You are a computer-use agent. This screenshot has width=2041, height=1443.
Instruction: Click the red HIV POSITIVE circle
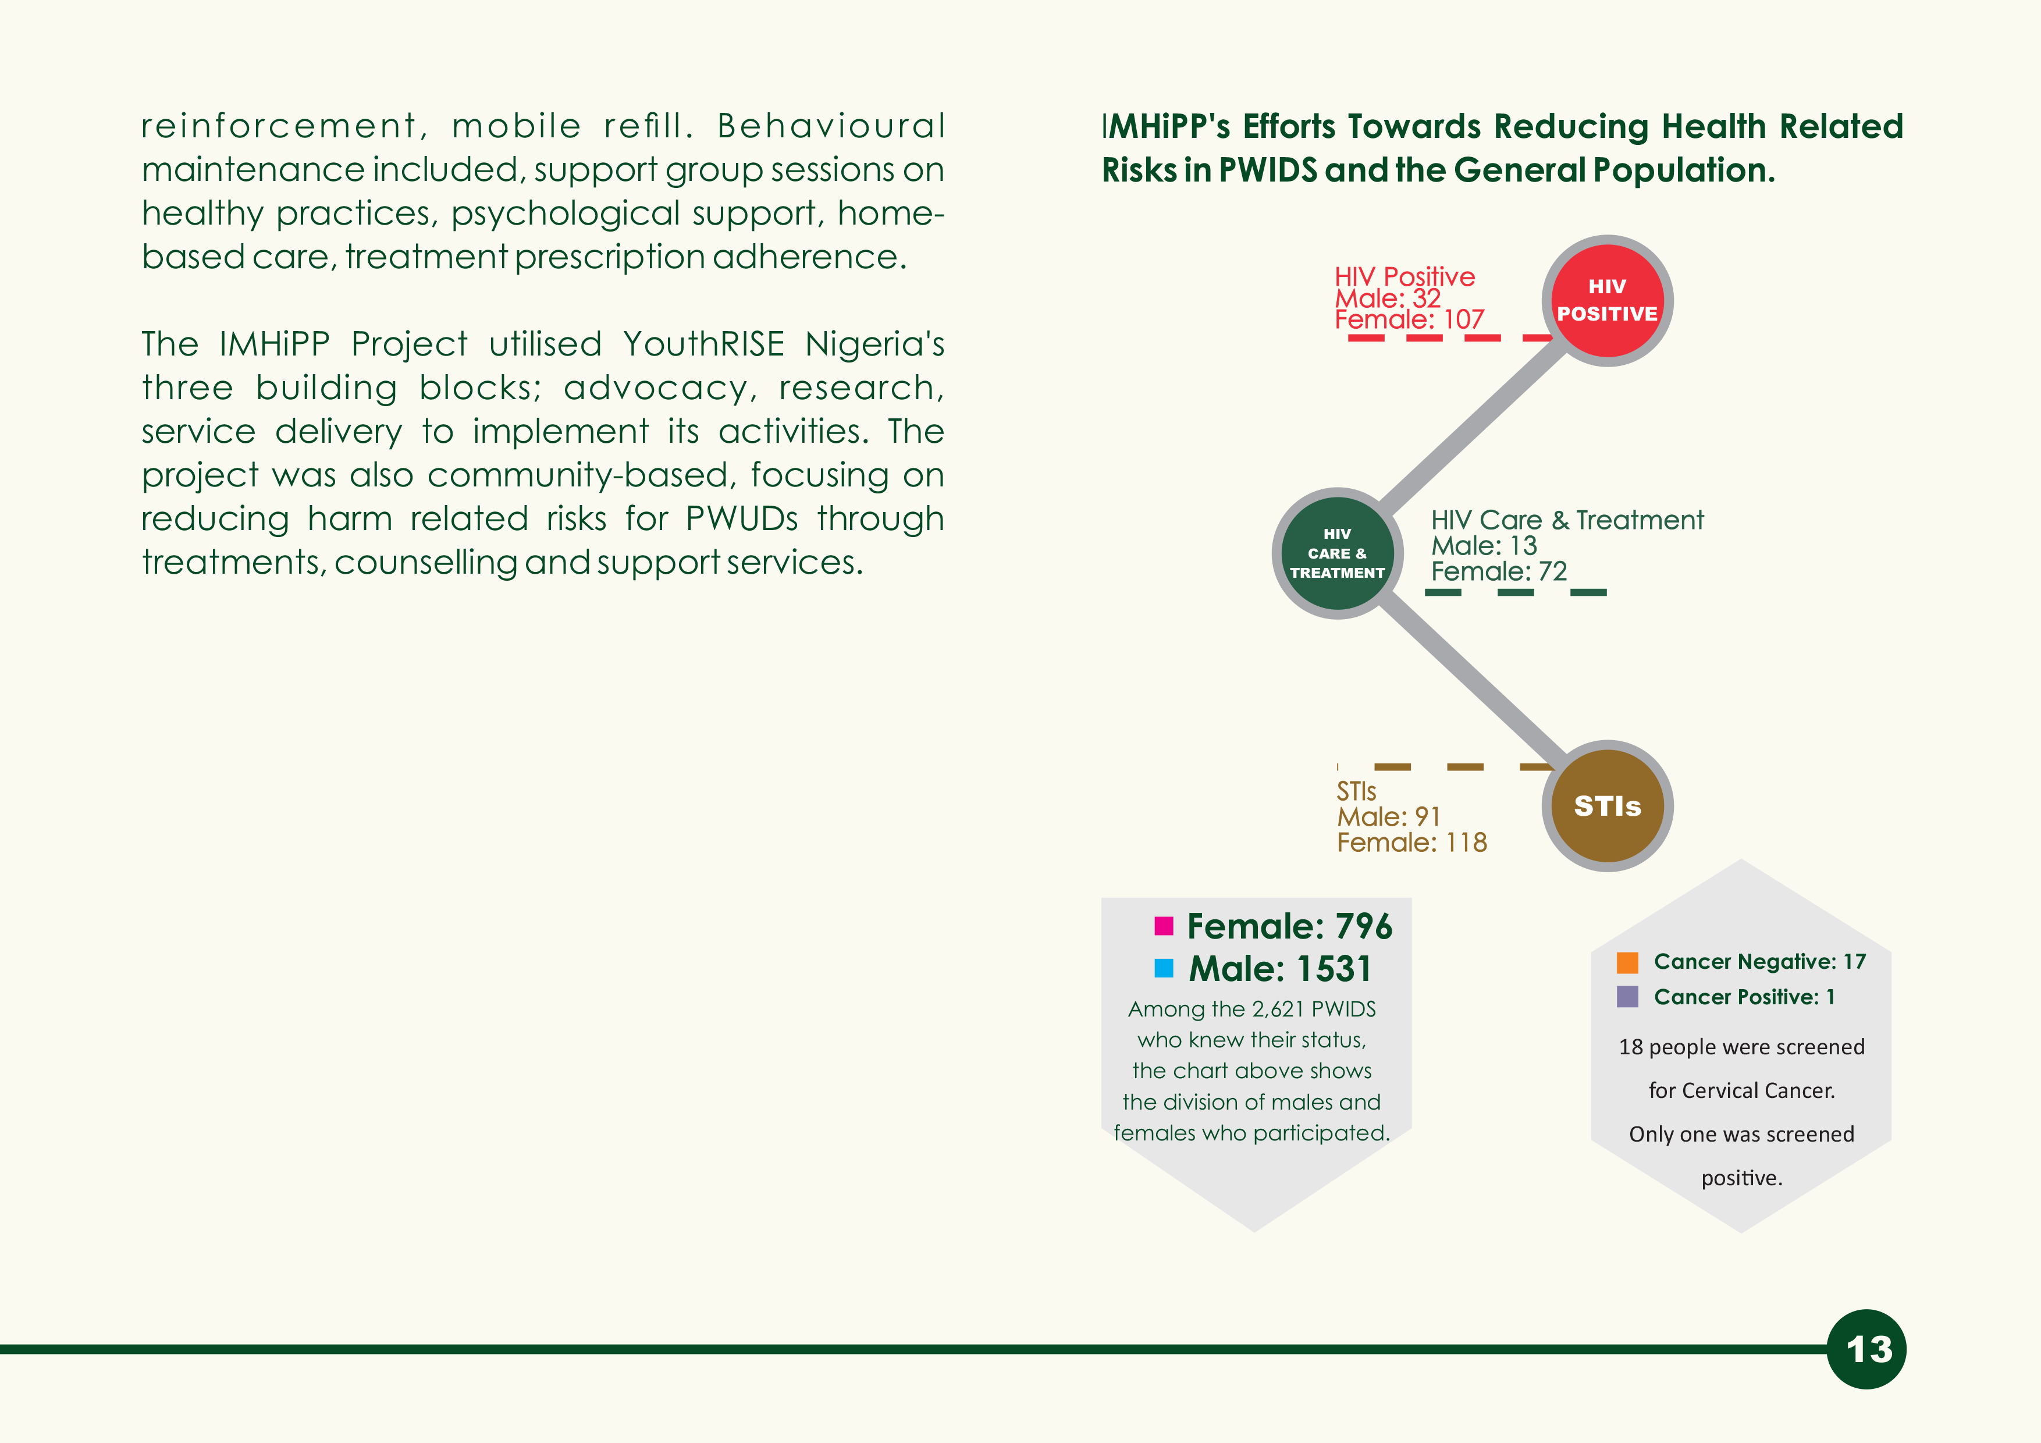pos(1606,300)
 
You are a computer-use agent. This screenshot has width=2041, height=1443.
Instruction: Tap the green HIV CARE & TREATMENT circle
pos(1337,553)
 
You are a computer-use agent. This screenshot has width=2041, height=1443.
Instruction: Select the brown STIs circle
pos(1606,805)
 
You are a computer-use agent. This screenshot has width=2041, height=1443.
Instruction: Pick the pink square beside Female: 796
pos(1164,926)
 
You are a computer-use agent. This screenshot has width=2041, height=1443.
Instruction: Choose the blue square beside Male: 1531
pos(1164,968)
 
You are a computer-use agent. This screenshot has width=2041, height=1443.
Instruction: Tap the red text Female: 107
pos(1409,319)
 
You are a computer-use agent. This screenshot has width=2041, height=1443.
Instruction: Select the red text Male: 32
pos(1388,298)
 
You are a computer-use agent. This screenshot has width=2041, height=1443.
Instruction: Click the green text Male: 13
pos(1484,545)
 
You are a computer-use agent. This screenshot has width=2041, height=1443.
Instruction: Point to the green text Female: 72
pos(1499,571)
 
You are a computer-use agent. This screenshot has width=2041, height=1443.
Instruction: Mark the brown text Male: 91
pos(1389,816)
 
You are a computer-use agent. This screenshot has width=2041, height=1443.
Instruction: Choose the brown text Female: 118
pos(1411,842)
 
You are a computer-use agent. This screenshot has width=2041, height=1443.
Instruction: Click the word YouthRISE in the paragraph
pos(703,344)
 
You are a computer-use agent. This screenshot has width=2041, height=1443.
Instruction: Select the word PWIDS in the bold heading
pos(1268,170)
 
